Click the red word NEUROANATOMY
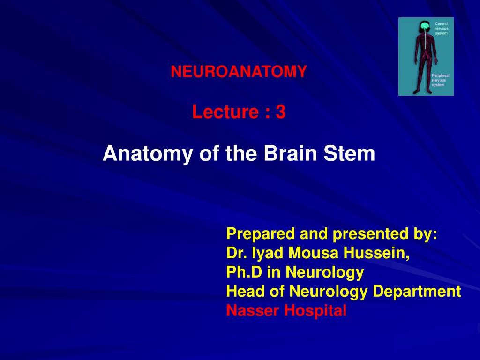pyautogui.click(x=239, y=72)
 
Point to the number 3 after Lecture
pyautogui.click(x=280, y=112)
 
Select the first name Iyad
pyautogui.click(x=269, y=253)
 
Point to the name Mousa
pyautogui.click(x=314, y=253)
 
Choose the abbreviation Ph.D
pyautogui.click(x=245, y=272)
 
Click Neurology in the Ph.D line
pyautogui.click(x=325, y=272)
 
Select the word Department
pyautogui.click(x=417, y=292)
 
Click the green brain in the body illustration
pyautogui.click(x=425, y=25)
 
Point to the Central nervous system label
pyautogui.click(x=441, y=29)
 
